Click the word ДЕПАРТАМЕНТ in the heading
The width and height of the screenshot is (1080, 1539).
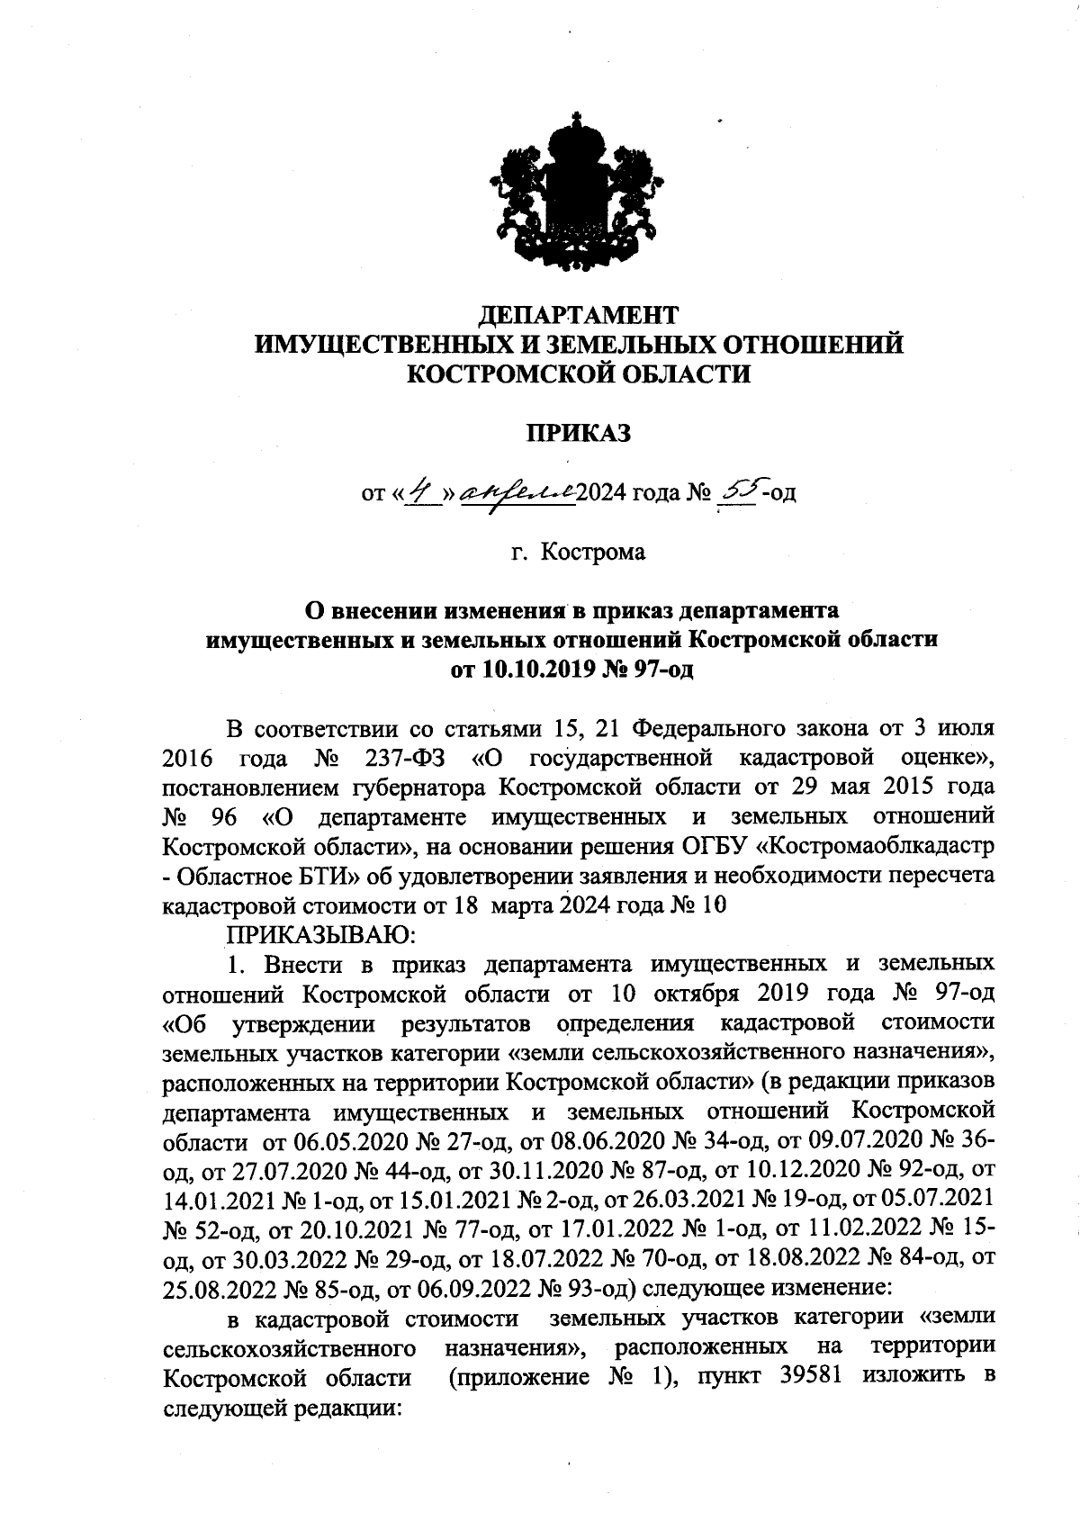coord(577,315)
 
